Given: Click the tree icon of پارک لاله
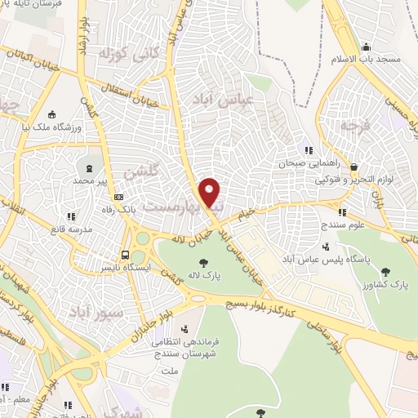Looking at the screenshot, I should (x=202, y=262).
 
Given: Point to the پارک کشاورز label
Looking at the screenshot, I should (x=388, y=284).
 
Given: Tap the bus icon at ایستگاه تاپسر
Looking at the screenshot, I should (x=125, y=254).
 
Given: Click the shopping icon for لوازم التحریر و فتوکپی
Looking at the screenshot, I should (x=352, y=166).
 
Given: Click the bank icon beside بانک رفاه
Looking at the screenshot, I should (x=119, y=197).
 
